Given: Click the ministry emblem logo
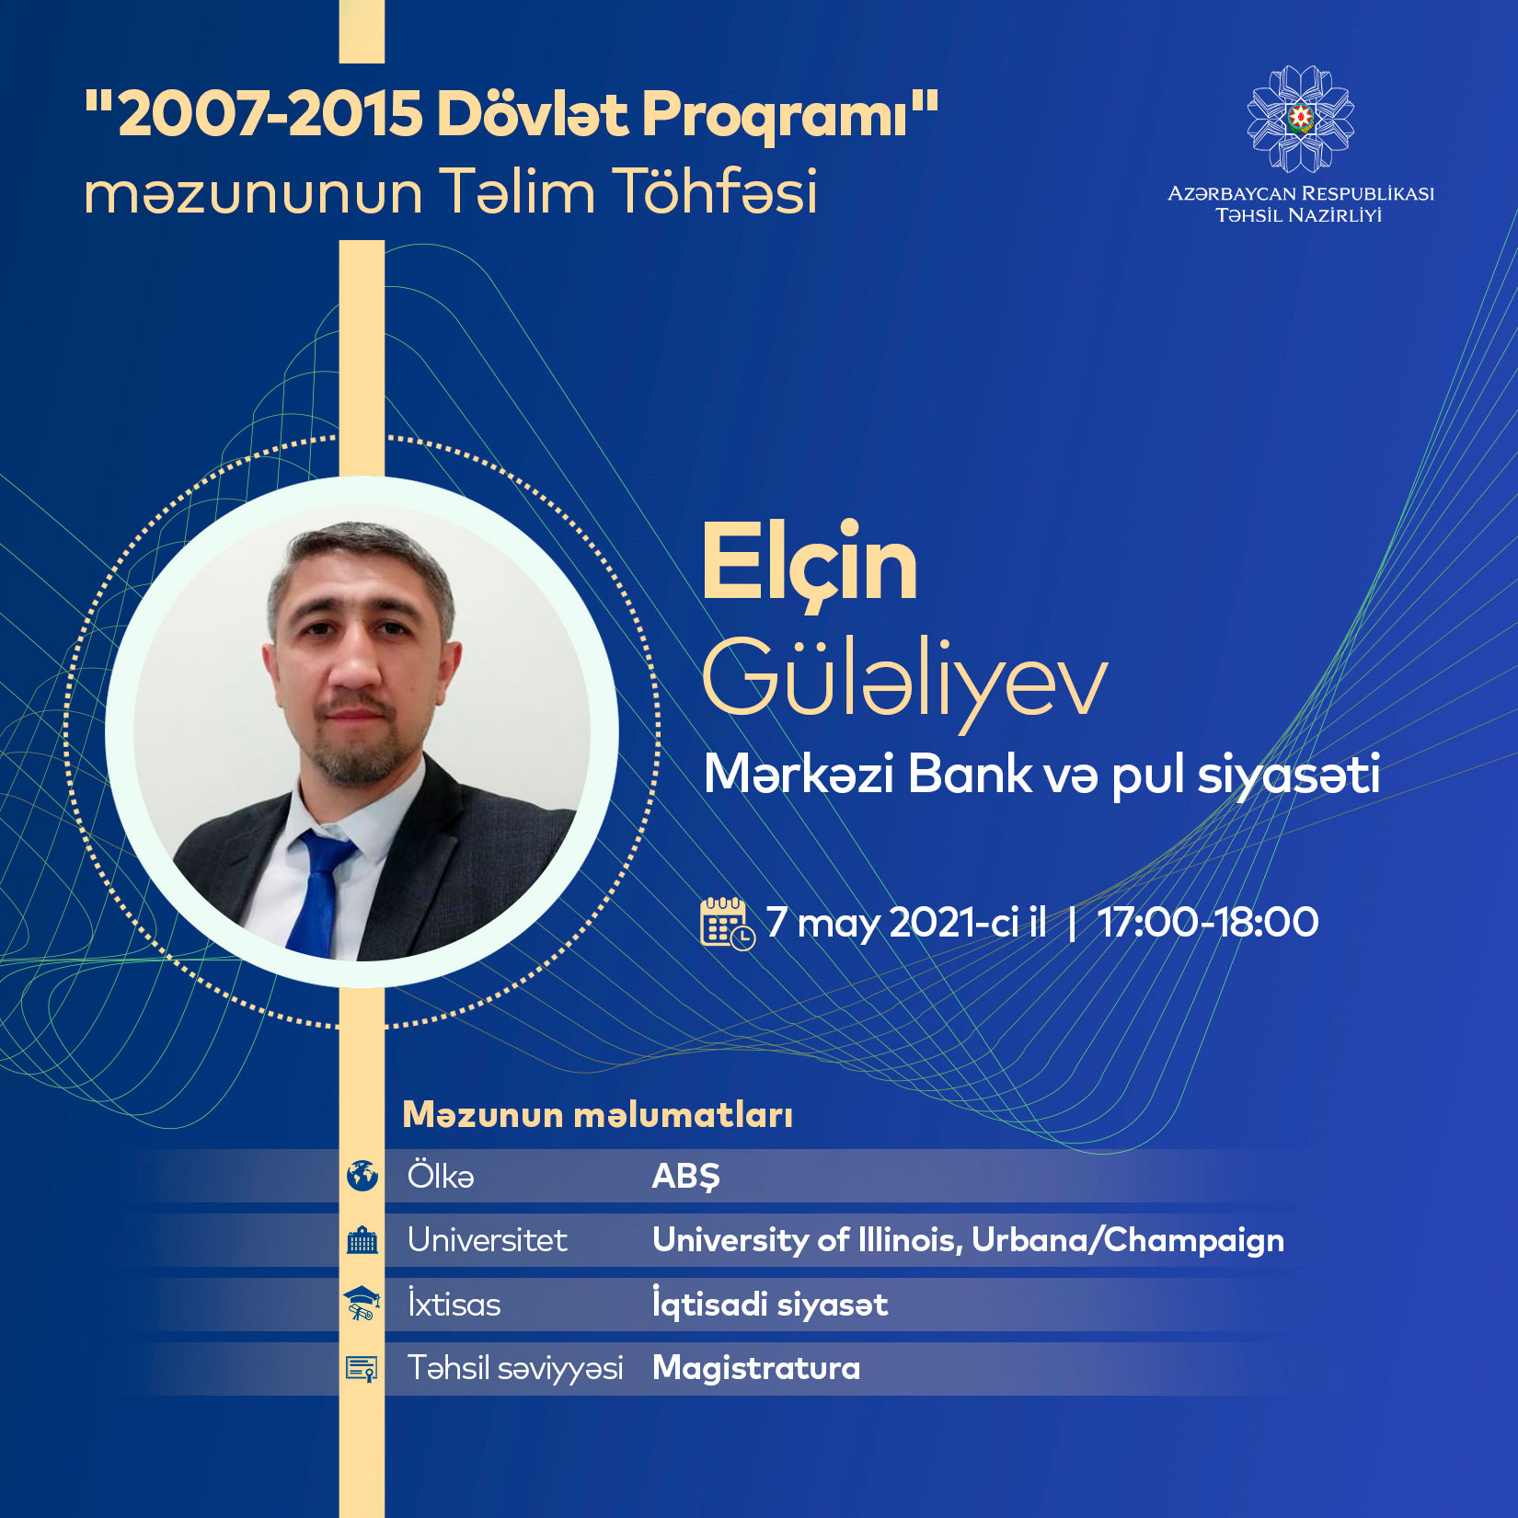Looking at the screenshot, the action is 1300,119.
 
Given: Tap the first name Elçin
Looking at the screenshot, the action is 810,562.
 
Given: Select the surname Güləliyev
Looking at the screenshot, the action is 904,677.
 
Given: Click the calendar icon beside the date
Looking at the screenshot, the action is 728,923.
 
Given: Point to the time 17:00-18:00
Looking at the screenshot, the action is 1208,922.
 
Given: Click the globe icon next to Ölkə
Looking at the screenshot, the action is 362,1176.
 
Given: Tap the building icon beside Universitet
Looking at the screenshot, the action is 362,1240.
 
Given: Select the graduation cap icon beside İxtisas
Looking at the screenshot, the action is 362,1304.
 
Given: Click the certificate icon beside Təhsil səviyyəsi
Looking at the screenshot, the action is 362,1368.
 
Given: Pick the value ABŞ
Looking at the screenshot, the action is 686,1177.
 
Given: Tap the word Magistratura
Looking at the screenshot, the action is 756,1368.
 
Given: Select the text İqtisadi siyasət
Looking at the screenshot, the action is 770,1304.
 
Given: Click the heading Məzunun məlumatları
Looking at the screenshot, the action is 598,1115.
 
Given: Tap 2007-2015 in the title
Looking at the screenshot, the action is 270,115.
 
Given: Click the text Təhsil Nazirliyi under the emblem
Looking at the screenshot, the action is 1299,215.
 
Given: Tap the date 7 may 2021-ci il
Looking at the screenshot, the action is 906,923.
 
